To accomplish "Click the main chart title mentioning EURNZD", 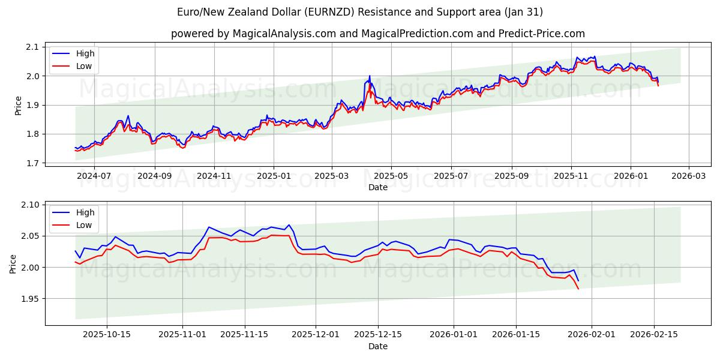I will pyautogui.click(x=360, y=12).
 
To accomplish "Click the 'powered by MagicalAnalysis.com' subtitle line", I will pyautogui.click(x=378, y=34).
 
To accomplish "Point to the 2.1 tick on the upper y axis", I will pyautogui.click(x=32, y=47).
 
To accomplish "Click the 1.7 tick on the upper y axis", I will pyautogui.click(x=32, y=163).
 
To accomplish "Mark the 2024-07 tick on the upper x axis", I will pyautogui.click(x=95, y=176).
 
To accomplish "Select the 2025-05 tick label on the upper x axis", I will pyautogui.click(x=391, y=176).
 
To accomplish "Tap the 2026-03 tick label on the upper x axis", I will pyautogui.click(x=688, y=176).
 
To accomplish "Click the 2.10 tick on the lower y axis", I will pyautogui.click(x=29, y=205).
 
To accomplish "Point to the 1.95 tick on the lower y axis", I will pyautogui.click(x=29, y=299).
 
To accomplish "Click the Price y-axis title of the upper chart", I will pyautogui.click(x=18, y=105).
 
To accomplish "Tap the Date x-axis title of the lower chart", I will pyautogui.click(x=378, y=346).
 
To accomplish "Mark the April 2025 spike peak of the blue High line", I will pyautogui.click(x=370, y=76).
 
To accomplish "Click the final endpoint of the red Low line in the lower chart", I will pyautogui.click(x=578, y=289).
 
